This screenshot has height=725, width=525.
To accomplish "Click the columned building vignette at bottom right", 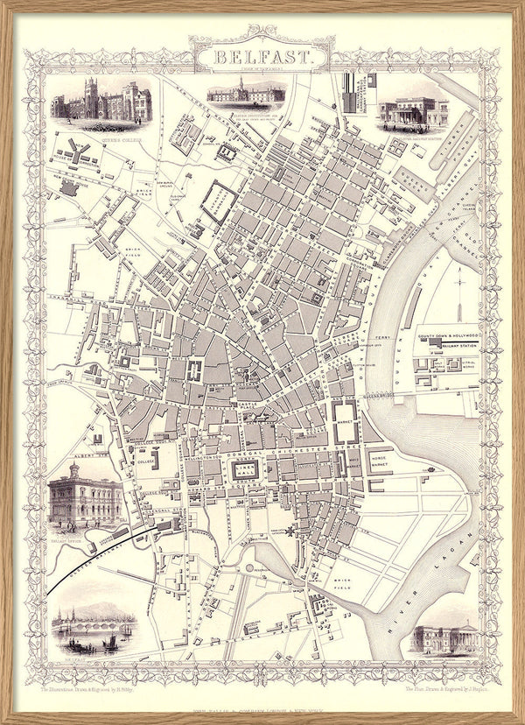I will pyautogui.click(x=444, y=637).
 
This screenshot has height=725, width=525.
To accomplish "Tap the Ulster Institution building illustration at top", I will pyautogui.click(x=245, y=92).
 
